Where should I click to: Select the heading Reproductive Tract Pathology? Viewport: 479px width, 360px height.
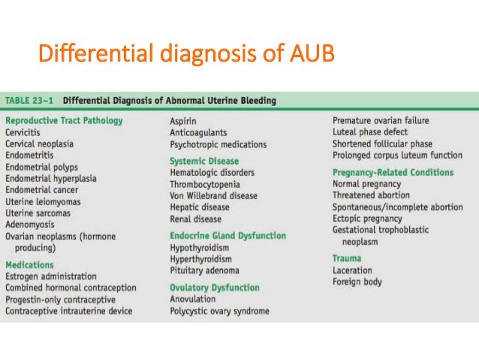pyautogui.click(x=64, y=120)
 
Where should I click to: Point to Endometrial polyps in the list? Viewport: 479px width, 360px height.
pyautogui.click(x=41, y=167)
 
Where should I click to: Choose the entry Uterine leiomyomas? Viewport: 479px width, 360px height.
pyautogui.click(x=43, y=201)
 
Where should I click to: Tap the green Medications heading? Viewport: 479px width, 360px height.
pyautogui.click(x=29, y=265)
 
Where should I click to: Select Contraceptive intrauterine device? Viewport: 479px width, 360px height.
pyautogui.click(x=68, y=310)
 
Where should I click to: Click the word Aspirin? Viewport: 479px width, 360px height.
pyautogui.click(x=184, y=120)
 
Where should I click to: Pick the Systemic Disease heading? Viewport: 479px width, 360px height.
pyautogui.click(x=204, y=161)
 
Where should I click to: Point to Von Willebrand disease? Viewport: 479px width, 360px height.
pyautogui.click(x=214, y=195)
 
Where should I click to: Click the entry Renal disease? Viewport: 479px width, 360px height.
pyautogui.click(x=195, y=219)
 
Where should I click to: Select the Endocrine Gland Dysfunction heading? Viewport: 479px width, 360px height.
pyautogui.click(x=227, y=235)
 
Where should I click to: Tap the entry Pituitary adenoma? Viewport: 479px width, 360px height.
pyautogui.click(x=205, y=271)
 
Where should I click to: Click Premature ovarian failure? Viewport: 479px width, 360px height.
pyautogui.click(x=382, y=120)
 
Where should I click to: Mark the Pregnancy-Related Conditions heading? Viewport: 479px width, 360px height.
pyautogui.click(x=393, y=172)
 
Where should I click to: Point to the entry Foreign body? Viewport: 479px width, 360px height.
pyautogui.click(x=357, y=282)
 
